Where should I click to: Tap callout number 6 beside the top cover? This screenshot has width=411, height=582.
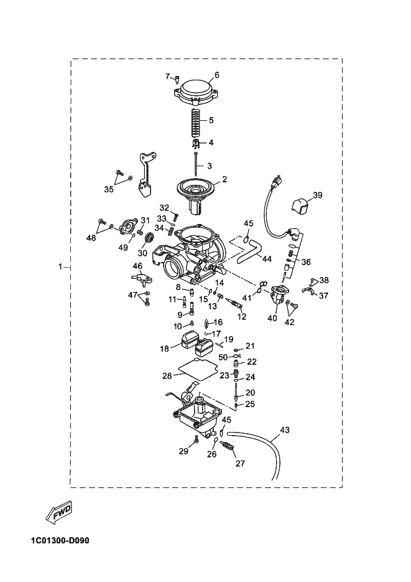pyautogui.click(x=217, y=75)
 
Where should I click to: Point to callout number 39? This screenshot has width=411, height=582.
pyautogui.click(x=318, y=195)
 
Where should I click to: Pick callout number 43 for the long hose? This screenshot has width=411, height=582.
pyautogui.click(x=285, y=429)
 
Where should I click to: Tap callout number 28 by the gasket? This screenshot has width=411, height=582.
pyautogui.click(x=167, y=376)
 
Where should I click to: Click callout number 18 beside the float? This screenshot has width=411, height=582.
pyautogui.click(x=165, y=349)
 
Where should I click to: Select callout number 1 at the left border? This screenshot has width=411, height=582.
pyautogui.click(x=60, y=267)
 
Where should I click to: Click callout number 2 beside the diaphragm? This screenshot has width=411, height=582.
pyautogui.click(x=224, y=179)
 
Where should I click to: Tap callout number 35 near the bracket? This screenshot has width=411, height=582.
pyautogui.click(x=109, y=189)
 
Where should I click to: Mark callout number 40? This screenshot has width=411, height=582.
pyautogui.click(x=272, y=318)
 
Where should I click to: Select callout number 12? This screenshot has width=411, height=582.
pyautogui.click(x=241, y=316)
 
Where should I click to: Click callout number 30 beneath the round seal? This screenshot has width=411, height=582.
pyautogui.click(x=142, y=253)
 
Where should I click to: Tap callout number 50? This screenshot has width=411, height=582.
pyautogui.click(x=223, y=357)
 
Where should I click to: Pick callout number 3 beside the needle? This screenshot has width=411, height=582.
pyautogui.click(x=210, y=166)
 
